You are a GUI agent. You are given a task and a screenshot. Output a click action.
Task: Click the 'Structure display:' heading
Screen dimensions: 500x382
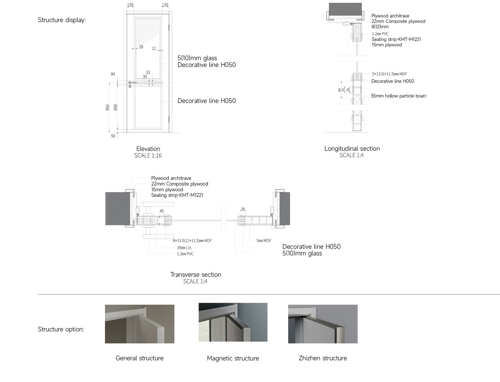click(x=62, y=20)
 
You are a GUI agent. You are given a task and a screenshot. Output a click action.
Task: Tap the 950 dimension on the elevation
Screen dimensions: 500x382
click(x=107, y=107)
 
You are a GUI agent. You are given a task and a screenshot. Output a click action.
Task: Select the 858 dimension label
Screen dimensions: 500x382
click(x=116, y=107)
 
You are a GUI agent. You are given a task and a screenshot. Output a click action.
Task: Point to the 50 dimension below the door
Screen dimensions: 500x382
click(x=113, y=136)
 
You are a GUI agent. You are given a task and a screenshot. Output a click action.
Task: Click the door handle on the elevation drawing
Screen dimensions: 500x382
click(x=132, y=83)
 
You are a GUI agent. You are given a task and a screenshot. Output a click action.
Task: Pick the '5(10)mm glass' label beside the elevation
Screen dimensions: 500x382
click(x=197, y=58)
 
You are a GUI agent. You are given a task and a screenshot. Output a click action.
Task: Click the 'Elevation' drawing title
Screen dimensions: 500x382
click(x=148, y=149)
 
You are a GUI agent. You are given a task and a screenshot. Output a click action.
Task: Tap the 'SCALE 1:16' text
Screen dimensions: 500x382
click(x=148, y=156)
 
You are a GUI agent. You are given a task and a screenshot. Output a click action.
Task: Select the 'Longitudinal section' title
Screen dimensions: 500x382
click(x=352, y=148)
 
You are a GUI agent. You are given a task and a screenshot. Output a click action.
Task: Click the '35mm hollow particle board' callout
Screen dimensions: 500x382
click(x=399, y=96)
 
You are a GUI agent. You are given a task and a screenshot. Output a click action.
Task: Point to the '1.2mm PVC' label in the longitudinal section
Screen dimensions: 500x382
click(x=380, y=34)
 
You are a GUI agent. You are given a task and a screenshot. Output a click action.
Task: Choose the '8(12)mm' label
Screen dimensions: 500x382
click(x=380, y=27)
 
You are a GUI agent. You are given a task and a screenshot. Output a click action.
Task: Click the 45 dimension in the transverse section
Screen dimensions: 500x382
click(x=162, y=211)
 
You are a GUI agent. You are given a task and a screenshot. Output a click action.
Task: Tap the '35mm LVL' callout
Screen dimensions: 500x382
click(x=184, y=248)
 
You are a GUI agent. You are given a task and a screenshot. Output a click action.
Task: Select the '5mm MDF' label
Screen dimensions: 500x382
click(x=264, y=240)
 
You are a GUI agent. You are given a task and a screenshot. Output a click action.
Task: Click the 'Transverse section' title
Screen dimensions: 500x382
click(x=196, y=275)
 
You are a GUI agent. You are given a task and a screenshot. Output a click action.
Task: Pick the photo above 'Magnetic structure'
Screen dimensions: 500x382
click(x=233, y=322)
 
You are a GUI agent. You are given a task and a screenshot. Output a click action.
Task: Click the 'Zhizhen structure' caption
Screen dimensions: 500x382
click(x=323, y=358)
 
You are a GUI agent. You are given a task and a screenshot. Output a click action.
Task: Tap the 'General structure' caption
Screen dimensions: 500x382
click(x=140, y=358)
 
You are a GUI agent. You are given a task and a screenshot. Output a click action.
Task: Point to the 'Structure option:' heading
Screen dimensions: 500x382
click(x=61, y=329)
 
